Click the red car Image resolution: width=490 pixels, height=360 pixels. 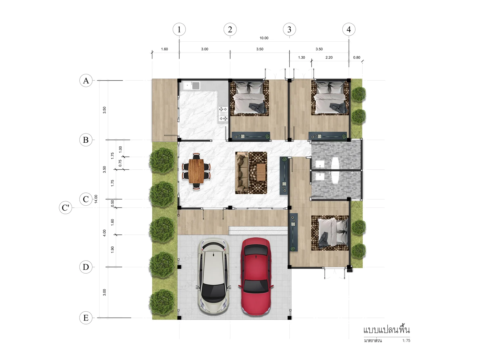click(x=256, y=276)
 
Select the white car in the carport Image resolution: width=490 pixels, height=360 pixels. click(x=213, y=276)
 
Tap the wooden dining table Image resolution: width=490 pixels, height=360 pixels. click(x=196, y=171)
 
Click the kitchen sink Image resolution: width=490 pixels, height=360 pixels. click(x=192, y=85)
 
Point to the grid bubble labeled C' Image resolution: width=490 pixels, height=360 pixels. click(x=66, y=208)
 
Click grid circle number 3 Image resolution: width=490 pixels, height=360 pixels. click(x=289, y=29)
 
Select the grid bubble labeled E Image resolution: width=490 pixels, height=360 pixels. click(x=86, y=317)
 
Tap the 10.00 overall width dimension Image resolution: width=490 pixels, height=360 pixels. click(x=264, y=38)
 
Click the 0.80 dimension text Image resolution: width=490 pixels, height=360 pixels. click(x=356, y=58)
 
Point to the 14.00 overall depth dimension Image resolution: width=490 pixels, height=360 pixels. click(x=96, y=199)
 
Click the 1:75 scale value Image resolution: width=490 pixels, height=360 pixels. click(x=406, y=340)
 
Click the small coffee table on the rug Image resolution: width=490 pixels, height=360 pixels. click(x=261, y=172)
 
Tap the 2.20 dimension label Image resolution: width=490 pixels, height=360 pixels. click(x=329, y=58)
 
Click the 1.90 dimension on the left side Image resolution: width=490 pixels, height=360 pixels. click(x=112, y=249)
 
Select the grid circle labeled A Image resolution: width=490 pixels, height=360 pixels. click(x=86, y=81)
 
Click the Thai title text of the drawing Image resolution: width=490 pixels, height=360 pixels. click(x=386, y=330)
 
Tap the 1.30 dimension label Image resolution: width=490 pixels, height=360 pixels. click(x=301, y=58)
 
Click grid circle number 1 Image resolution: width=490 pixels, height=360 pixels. click(x=179, y=29)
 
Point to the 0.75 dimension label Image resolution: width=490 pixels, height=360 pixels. click(x=120, y=163)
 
